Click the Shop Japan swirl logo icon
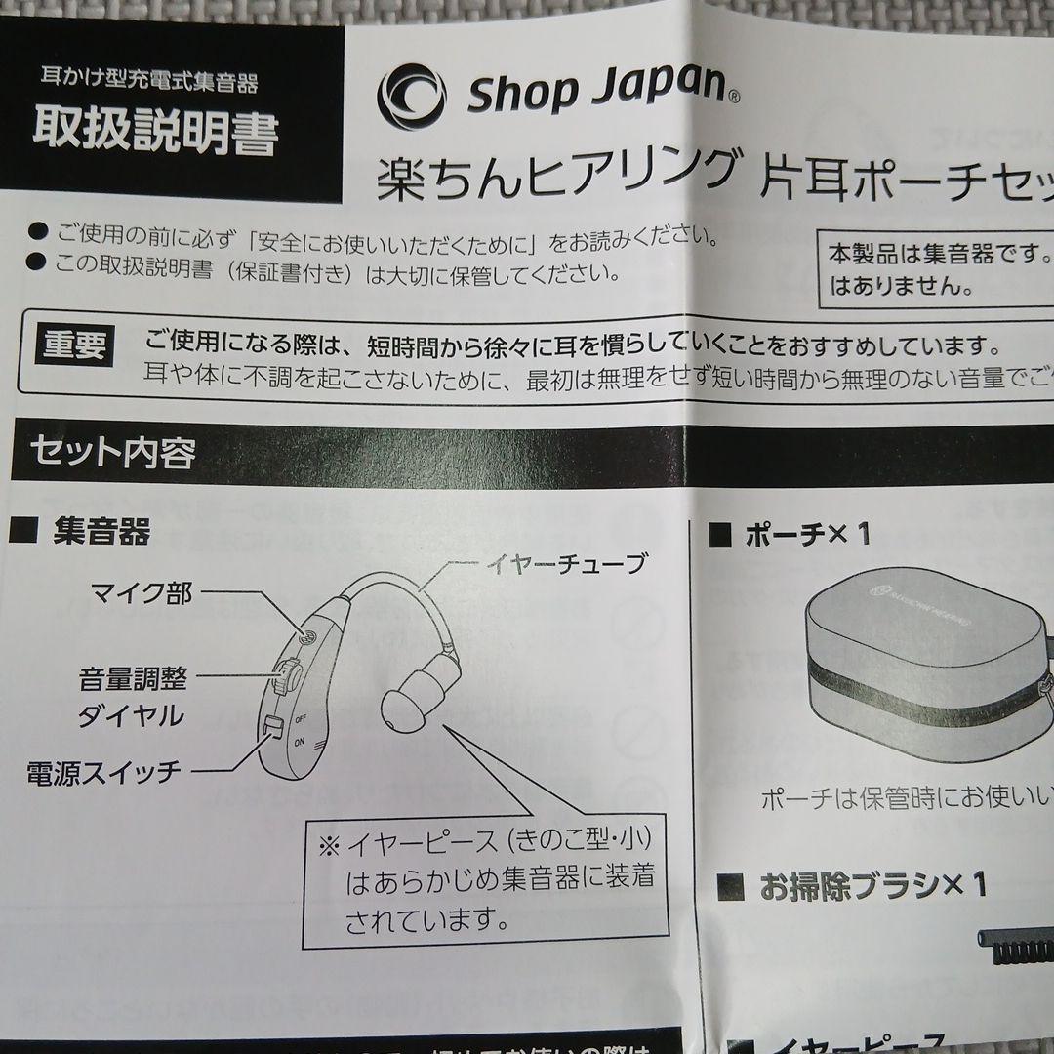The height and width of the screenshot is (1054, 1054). coord(411,95)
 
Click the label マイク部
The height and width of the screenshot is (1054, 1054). coord(141,593)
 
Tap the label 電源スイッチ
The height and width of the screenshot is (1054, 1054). coord(104,773)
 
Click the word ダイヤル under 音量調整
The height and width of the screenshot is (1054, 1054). coord(131,715)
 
